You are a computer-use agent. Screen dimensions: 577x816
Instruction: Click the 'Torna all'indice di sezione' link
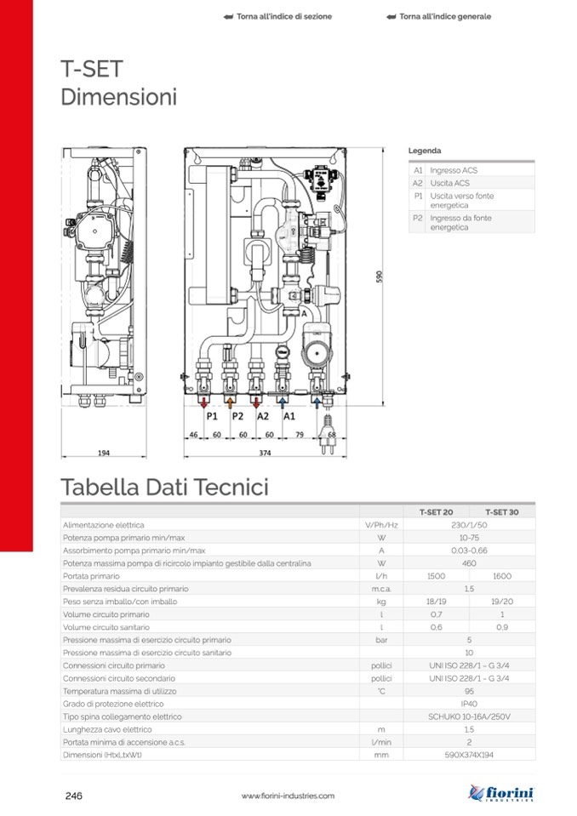pos(277,17)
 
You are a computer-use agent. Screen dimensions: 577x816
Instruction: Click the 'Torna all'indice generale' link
pos(439,17)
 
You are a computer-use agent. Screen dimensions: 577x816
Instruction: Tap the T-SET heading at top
pos(92,69)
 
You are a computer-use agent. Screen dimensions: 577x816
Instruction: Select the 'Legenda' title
pos(425,151)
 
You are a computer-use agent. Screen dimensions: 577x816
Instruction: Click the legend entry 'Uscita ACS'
pos(449,183)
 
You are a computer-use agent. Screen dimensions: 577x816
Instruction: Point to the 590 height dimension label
pos(379,277)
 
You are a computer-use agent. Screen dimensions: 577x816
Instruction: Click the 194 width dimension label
pos(104,453)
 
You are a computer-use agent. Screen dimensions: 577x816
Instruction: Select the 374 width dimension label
pos(265,453)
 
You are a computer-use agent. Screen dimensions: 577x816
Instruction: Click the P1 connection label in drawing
pos(212,416)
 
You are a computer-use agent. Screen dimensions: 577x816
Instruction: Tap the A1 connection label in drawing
pos(289,416)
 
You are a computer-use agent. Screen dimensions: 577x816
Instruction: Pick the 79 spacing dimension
pos(300,435)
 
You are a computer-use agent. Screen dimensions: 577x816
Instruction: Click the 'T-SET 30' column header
pos(501,512)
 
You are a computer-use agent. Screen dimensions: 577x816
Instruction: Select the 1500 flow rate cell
pos(436,576)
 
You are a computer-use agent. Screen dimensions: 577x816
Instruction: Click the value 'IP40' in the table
pos(469,704)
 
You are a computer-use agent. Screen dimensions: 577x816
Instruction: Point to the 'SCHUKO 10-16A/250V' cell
pos(469,716)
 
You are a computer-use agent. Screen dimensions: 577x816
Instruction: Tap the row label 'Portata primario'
pos(91,576)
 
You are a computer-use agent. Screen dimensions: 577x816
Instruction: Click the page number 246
pos(74,796)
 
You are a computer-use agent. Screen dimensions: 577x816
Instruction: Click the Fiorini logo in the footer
pos(500,793)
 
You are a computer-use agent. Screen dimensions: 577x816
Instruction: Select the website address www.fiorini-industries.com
pos(288,796)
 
